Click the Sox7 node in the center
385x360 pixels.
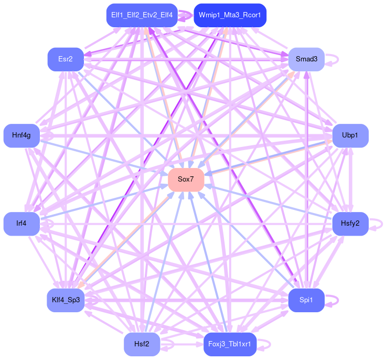186,179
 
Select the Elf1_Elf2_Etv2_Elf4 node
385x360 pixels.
141,15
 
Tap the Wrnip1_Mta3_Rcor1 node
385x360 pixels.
230,15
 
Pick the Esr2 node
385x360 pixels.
66,59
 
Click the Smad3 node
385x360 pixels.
306,59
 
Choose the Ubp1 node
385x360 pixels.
350,135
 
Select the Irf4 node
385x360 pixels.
22,224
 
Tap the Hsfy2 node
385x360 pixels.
350,224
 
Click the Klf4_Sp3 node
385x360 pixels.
66,300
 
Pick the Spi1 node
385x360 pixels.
306,300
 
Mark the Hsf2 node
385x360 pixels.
142,344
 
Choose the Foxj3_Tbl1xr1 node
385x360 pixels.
230,344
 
